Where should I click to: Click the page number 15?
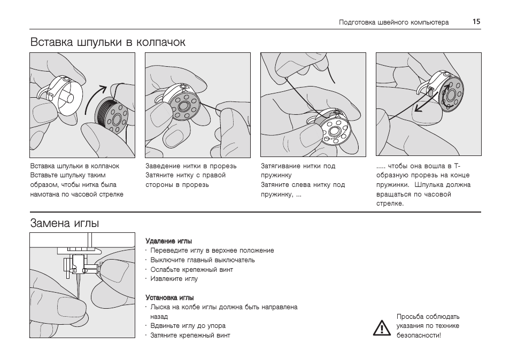[x=476, y=22]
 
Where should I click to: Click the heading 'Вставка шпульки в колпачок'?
[x=108, y=42]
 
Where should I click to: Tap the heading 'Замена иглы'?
[x=65, y=223]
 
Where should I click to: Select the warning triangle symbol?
[x=382, y=327]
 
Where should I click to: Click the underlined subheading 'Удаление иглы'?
[x=168, y=241]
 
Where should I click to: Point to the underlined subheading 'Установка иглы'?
[x=169, y=298]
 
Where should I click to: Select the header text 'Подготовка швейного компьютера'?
[x=393, y=22]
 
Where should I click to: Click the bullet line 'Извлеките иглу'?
[x=174, y=279]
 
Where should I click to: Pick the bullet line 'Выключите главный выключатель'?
[x=202, y=260]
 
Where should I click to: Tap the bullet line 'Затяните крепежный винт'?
[x=190, y=335]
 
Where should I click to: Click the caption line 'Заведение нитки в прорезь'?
[x=191, y=166]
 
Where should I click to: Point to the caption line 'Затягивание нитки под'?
[x=298, y=166]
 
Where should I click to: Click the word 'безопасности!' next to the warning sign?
[x=419, y=335]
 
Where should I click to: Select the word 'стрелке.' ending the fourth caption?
[x=390, y=204]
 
